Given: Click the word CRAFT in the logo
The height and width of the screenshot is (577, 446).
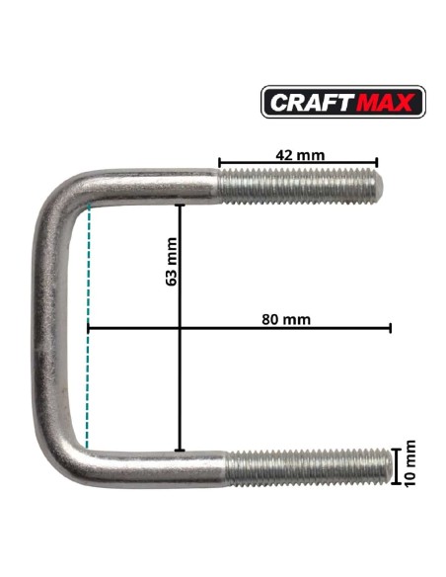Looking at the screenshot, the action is (x=312, y=102).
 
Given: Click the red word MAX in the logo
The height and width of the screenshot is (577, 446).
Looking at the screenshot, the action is (x=386, y=102).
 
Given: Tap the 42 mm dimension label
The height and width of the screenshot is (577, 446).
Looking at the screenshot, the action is (x=300, y=155).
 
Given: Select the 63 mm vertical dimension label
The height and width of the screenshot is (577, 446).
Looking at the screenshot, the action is (x=172, y=262).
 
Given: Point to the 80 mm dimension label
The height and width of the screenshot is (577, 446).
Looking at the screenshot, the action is (x=286, y=319).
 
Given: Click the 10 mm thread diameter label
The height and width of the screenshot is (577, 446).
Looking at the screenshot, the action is (x=409, y=463).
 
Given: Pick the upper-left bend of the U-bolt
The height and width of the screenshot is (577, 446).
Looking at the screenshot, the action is (x=60, y=195).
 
